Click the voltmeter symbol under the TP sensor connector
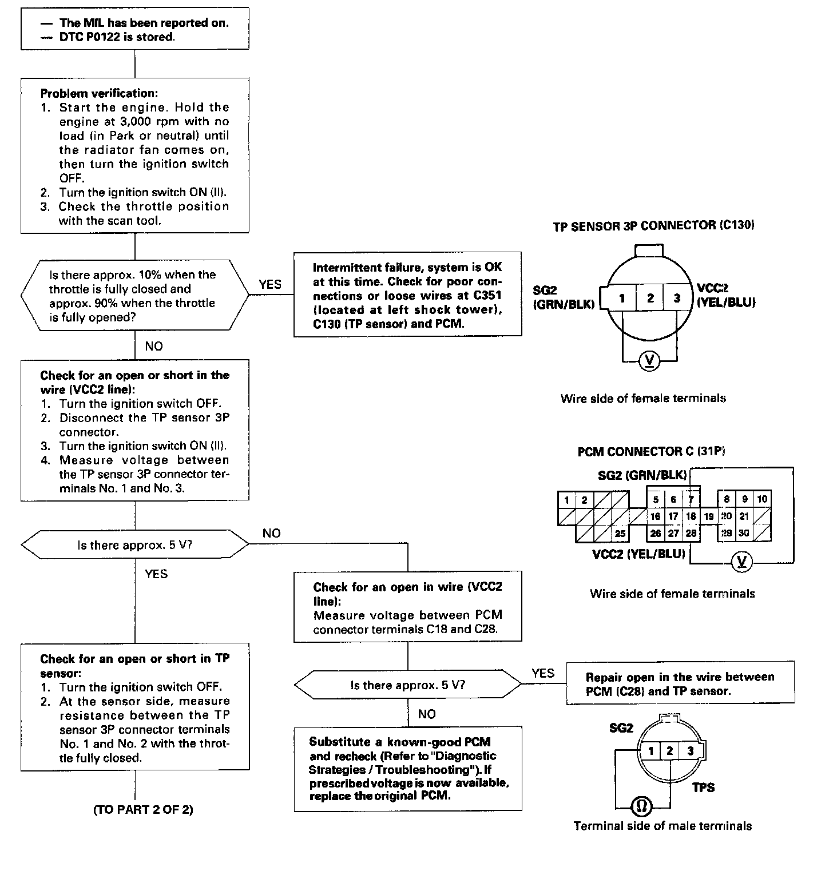tap(649, 361)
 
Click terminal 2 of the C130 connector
tap(650, 298)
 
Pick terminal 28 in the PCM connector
tap(691, 533)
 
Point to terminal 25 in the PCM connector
tap(620, 534)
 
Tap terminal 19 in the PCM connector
tap(708, 516)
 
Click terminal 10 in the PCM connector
tap(762, 499)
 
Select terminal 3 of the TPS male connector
tap(691, 750)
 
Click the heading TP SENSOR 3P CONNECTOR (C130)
tap(653, 225)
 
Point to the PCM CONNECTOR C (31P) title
tap(651, 452)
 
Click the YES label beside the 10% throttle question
tap(270, 284)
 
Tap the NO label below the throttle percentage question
tap(153, 346)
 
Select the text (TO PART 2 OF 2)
tap(143, 810)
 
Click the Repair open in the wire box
tap(680, 683)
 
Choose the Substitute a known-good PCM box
tap(408, 769)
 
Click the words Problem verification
tap(99, 93)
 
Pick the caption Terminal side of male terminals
tap(663, 826)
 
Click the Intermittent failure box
tap(407, 295)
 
